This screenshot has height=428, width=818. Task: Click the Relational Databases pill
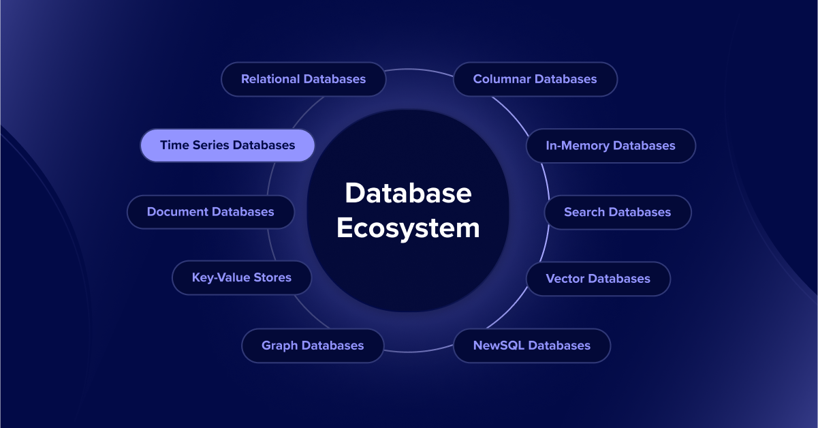(303, 79)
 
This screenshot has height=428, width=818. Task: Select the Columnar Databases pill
(535, 79)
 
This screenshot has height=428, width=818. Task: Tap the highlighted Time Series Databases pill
(227, 145)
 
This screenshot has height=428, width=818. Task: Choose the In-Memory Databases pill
(610, 146)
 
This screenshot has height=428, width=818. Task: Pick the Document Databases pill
(210, 212)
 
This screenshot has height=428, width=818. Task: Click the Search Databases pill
(617, 212)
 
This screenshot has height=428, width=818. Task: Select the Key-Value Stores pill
(242, 278)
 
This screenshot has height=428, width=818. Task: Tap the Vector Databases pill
(598, 279)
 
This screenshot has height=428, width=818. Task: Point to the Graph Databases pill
(313, 346)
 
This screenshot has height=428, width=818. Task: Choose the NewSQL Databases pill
(531, 346)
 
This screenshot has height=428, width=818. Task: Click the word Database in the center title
(408, 194)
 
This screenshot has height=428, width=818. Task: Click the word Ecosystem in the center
(408, 228)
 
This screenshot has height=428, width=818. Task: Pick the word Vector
(565, 279)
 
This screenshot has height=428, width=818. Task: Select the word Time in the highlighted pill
(173, 145)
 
